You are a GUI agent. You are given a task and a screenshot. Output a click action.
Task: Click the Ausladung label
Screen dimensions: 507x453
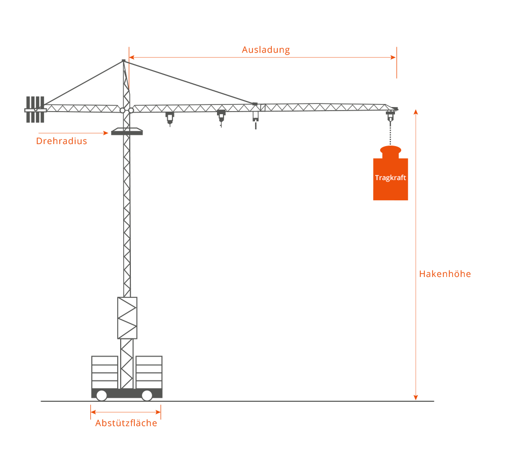(x=266, y=50)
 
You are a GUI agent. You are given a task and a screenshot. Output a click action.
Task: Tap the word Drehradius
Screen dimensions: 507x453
(x=61, y=141)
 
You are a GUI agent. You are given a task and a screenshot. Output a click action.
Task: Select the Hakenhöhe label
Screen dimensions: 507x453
(x=445, y=274)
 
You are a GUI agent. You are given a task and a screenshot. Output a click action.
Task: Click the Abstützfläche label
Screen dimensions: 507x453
(x=126, y=423)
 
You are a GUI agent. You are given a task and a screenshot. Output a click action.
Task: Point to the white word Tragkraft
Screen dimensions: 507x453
(x=390, y=178)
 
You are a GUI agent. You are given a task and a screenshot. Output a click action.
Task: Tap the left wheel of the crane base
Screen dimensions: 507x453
(x=101, y=395)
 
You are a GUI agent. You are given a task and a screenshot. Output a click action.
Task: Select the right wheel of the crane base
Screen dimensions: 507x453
(x=147, y=395)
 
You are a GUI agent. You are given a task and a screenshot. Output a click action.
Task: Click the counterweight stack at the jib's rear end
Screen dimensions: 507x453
(x=35, y=110)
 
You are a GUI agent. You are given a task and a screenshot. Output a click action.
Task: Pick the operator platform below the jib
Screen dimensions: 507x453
(x=127, y=131)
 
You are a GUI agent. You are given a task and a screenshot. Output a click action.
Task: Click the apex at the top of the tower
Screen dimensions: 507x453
(x=124, y=60)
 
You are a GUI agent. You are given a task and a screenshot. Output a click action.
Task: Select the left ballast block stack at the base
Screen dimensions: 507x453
(x=105, y=372)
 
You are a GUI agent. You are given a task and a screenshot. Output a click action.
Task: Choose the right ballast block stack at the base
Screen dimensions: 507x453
(x=149, y=372)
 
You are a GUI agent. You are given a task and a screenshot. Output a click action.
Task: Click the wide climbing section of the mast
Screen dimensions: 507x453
(x=127, y=318)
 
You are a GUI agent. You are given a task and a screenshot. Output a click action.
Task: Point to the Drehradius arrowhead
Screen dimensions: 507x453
(x=106, y=133)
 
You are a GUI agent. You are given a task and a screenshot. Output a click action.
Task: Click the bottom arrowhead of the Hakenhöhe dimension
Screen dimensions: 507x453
(x=416, y=398)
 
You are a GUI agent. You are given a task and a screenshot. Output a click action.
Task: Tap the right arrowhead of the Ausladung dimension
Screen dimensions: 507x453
(x=393, y=58)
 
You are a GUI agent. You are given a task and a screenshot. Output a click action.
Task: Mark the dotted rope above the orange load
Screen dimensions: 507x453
(x=390, y=133)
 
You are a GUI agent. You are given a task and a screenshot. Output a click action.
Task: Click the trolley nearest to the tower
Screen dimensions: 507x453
(x=170, y=118)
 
